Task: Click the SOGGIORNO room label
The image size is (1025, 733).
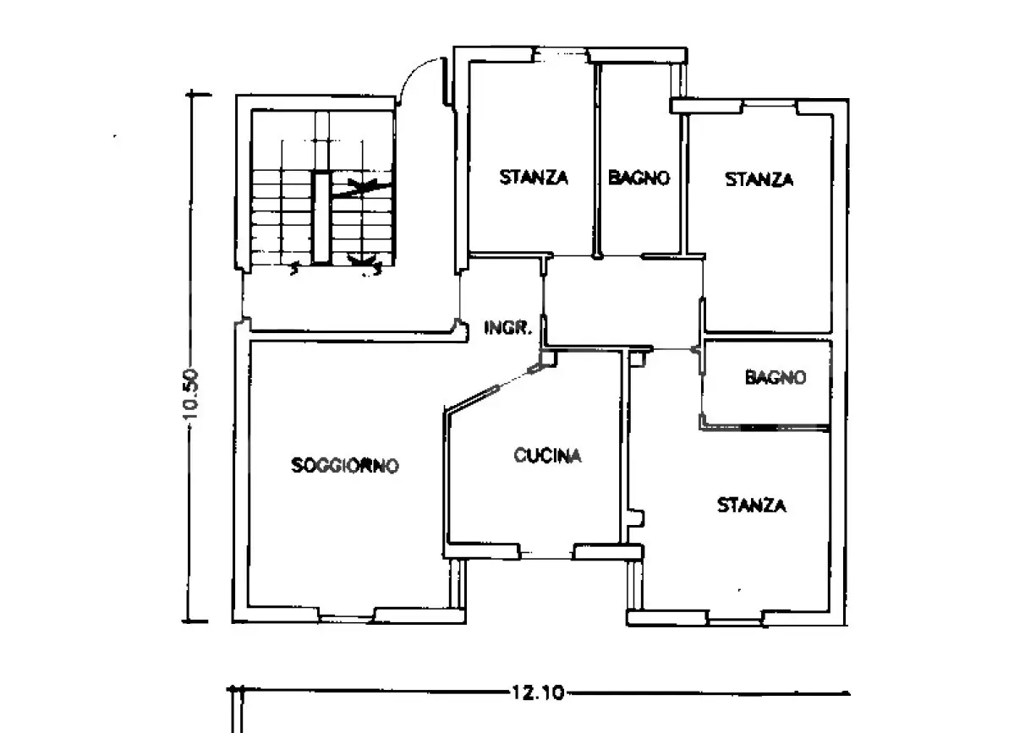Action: click(345, 465)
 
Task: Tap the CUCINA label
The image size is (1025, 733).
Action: click(548, 455)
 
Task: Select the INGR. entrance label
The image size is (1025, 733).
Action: click(508, 327)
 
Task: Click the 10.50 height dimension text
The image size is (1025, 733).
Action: click(191, 394)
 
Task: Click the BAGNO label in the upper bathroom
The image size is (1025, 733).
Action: click(639, 178)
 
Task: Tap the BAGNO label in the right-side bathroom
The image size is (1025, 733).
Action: click(776, 377)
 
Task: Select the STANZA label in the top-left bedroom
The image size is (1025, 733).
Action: click(534, 177)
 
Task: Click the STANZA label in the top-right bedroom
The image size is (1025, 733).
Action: click(759, 179)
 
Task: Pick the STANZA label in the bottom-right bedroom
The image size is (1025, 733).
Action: click(752, 505)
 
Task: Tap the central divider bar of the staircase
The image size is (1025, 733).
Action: click(321, 217)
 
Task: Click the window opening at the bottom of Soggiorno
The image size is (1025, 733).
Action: click(347, 618)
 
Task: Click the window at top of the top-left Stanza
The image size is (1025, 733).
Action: click(562, 54)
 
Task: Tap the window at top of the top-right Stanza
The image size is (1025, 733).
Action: click(770, 107)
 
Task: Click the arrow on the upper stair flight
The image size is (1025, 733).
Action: click(361, 189)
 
